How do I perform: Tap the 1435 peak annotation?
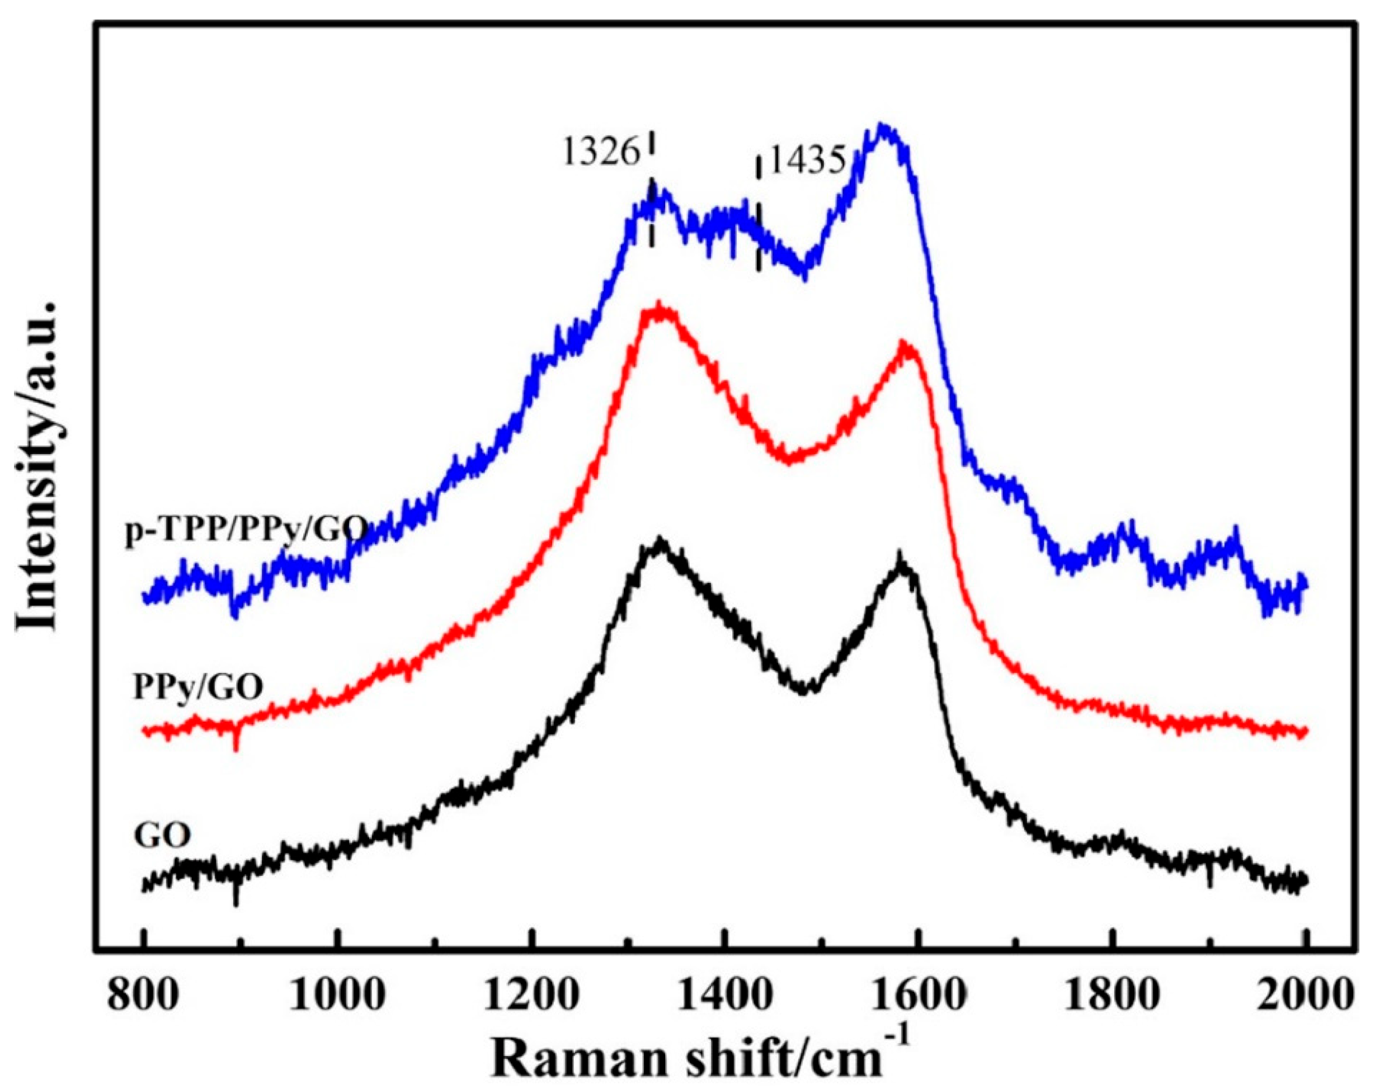click(x=808, y=161)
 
